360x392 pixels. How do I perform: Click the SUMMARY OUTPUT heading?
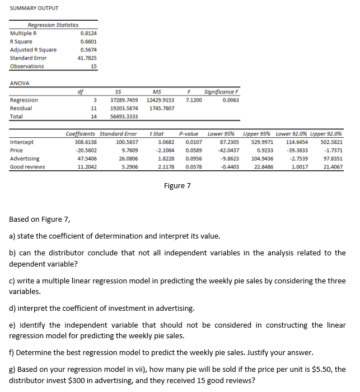point(34,8)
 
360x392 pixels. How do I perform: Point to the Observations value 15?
point(93,66)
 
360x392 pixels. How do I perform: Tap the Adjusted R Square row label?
point(33,49)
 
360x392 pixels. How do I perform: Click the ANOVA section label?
point(20,83)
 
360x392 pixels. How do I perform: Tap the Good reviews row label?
point(27,167)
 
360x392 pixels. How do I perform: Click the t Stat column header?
point(157,134)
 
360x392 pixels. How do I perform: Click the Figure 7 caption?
point(177,185)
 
